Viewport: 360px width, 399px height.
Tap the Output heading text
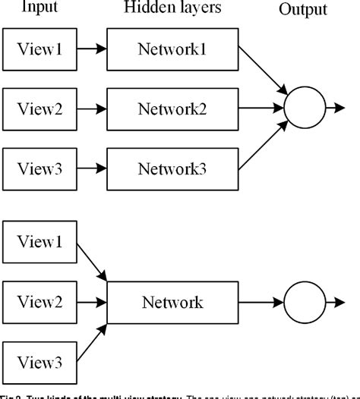pyautogui.click(x=302, y=11)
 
